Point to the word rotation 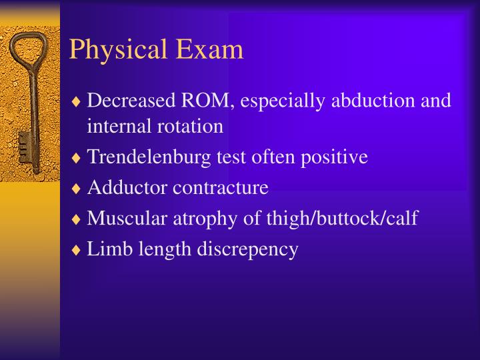[x=193, y=125]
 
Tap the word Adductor [x=127, y=187]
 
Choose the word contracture [x=221, y=187]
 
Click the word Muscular [x=126, y=218]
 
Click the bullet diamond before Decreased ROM [x=78, y=102]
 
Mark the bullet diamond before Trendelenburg [x=78, y=159]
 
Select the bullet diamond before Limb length [x=78, y=250]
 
